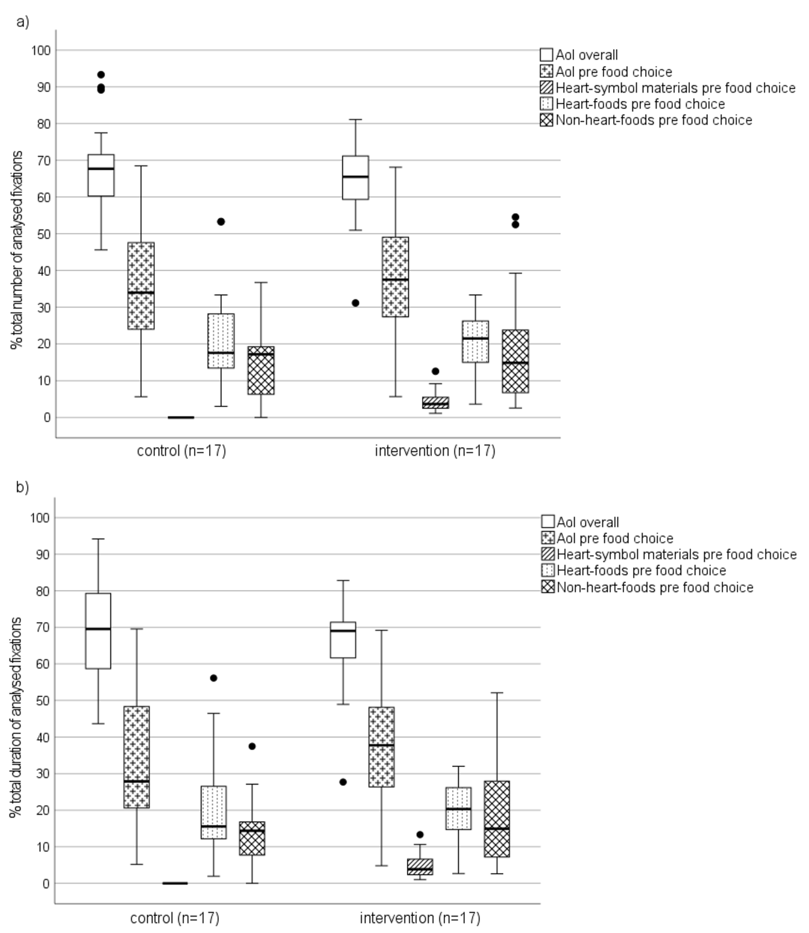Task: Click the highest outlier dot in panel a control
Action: pyautogui.click(x=101, y=74)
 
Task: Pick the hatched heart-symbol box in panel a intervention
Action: pyautogui.click(x=435, y=402)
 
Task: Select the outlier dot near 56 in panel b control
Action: pyautogui.click(x=214, y=678)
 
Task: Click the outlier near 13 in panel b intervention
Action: pyautogui.click(x=420, y=835)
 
